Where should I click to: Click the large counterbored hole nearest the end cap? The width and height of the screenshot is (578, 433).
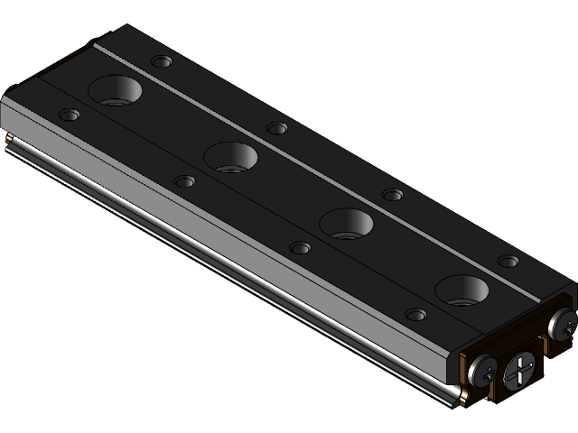click(461, 290)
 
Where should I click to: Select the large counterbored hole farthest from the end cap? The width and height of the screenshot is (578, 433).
click(117, 90)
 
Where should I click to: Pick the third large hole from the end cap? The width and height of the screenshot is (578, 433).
click(231, 157)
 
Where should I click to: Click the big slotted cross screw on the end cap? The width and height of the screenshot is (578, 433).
click(522, 370)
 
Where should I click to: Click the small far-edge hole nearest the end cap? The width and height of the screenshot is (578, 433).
click(508, 262)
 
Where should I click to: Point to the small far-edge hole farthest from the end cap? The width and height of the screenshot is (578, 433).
click(162, 62)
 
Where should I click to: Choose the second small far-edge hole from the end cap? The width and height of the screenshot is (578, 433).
click(393, 195)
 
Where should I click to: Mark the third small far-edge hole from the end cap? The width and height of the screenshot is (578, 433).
click(277, 128)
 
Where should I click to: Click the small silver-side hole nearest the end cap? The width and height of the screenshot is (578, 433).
click(415, 315)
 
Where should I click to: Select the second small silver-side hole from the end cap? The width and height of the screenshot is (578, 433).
click(300, 248)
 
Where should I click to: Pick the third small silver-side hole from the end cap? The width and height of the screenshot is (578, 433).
click(184, 181)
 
